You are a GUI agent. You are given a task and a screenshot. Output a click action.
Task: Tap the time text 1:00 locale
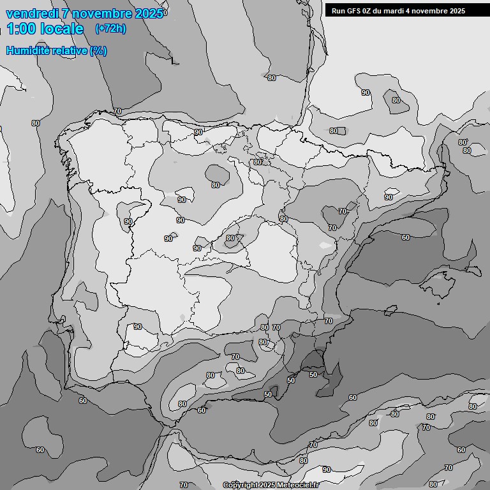[45, 29]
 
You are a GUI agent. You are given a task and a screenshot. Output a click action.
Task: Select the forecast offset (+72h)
[110, 29]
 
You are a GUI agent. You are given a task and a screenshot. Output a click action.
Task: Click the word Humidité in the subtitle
[29, 50]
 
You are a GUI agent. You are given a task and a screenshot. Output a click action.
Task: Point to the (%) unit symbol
[98, 50]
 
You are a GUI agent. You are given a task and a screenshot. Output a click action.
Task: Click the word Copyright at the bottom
[241, 485]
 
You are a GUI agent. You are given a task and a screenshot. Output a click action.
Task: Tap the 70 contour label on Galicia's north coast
[117, 111]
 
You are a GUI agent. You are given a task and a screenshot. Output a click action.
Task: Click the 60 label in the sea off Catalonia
[406, 237]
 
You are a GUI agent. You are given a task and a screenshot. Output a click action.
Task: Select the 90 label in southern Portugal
[138, 327]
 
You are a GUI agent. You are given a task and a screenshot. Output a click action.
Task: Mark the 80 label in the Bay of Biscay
[272, 78]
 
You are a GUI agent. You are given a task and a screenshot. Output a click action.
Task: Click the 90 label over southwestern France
[366, 93]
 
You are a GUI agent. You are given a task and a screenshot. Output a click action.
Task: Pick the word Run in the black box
[338, 11]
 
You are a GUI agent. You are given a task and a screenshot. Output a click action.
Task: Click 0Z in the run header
[369, 11]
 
